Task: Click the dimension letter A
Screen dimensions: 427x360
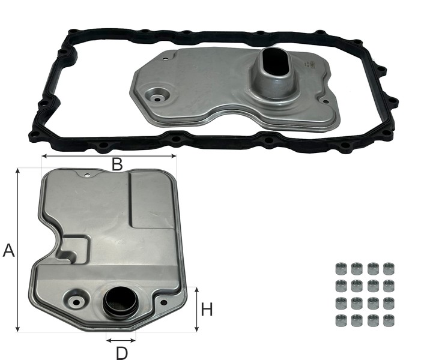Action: [8, 251]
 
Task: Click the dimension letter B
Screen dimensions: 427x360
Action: [117, 164]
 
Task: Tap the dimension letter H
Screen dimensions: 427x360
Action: [207, 310]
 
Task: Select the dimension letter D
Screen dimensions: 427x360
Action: [122, 353]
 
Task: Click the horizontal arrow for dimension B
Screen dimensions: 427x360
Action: [109, 156]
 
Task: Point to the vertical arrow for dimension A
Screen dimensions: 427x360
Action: [18, 250]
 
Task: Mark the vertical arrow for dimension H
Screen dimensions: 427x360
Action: [197, 310]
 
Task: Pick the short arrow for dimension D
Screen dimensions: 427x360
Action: [121, 340]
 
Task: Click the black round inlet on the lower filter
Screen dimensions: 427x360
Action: [120, 303]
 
